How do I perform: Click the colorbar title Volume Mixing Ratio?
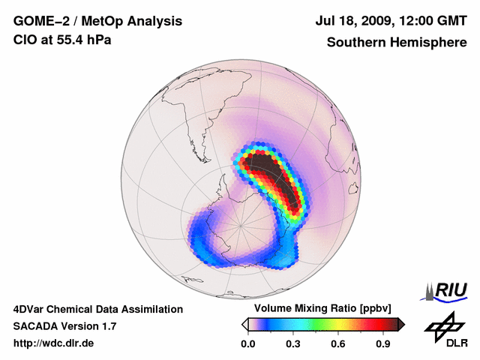coord(300,309)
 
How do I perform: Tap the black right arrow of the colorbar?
coord(401,324)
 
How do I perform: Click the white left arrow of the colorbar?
coord(244,324)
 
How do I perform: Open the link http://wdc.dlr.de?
coord(54,344)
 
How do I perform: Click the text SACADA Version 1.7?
coord(64,326)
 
